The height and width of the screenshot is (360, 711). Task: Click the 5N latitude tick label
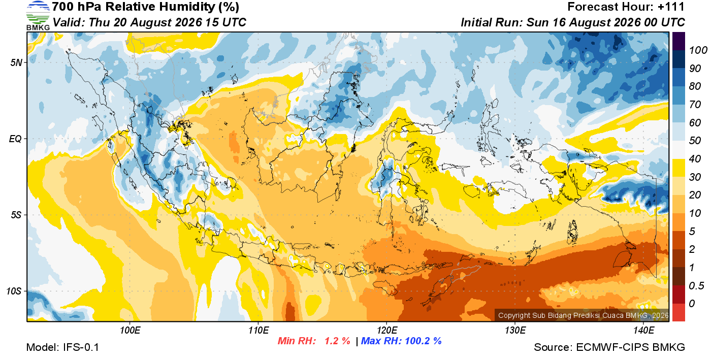16,62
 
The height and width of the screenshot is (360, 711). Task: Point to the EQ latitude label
16,139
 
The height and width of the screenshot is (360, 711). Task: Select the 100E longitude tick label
130,331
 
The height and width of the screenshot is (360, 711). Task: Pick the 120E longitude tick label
387,331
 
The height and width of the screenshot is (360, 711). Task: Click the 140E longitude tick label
644,331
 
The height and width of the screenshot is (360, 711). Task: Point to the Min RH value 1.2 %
337,341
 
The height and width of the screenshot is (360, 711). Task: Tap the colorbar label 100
698,50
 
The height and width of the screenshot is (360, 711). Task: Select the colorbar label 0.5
696,286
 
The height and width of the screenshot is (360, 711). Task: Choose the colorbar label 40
695,159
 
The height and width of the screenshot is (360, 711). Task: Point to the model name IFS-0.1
81,347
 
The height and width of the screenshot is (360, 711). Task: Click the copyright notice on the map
583,315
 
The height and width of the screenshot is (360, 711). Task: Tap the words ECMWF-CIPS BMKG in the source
630,347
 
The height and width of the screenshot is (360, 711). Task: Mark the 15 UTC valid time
225,22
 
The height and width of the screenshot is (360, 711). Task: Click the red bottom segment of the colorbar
678,312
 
